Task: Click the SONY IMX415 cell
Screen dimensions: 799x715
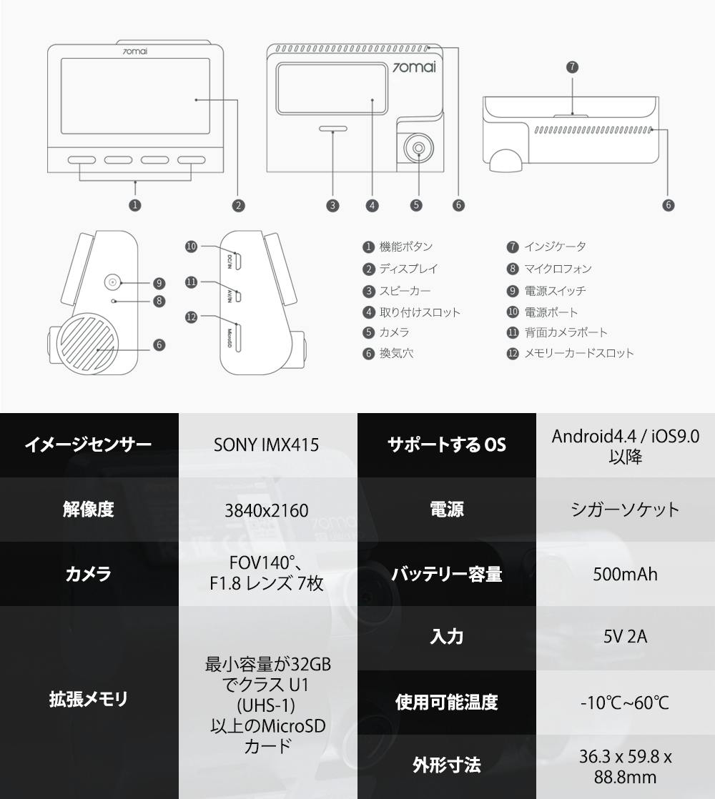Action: click(267, 445)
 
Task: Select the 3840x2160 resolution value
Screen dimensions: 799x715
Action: click(267, 510)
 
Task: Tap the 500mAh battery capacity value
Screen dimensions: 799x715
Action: click(625, 574)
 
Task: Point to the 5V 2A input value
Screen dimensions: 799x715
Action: click(625, 636)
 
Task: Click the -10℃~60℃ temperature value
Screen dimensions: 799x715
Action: click(625, 702)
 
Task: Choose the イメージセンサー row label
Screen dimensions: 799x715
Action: click(89, 445)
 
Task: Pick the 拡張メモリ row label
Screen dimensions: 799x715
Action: click(89, 699)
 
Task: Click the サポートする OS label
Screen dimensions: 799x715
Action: click(446, 445)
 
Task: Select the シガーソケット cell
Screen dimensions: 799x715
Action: click(625, 510)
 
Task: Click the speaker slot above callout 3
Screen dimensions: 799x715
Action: click(333, 130)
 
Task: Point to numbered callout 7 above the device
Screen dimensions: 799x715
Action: click(572, 67)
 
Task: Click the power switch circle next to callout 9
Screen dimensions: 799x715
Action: click(112, 282)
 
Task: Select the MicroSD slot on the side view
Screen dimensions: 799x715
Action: click(239, 337)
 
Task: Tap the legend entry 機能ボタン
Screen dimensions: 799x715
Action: click(405, 247)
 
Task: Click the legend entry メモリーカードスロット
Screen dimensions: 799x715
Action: click(578, 353)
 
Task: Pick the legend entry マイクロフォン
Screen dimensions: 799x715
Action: click(558, 269)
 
